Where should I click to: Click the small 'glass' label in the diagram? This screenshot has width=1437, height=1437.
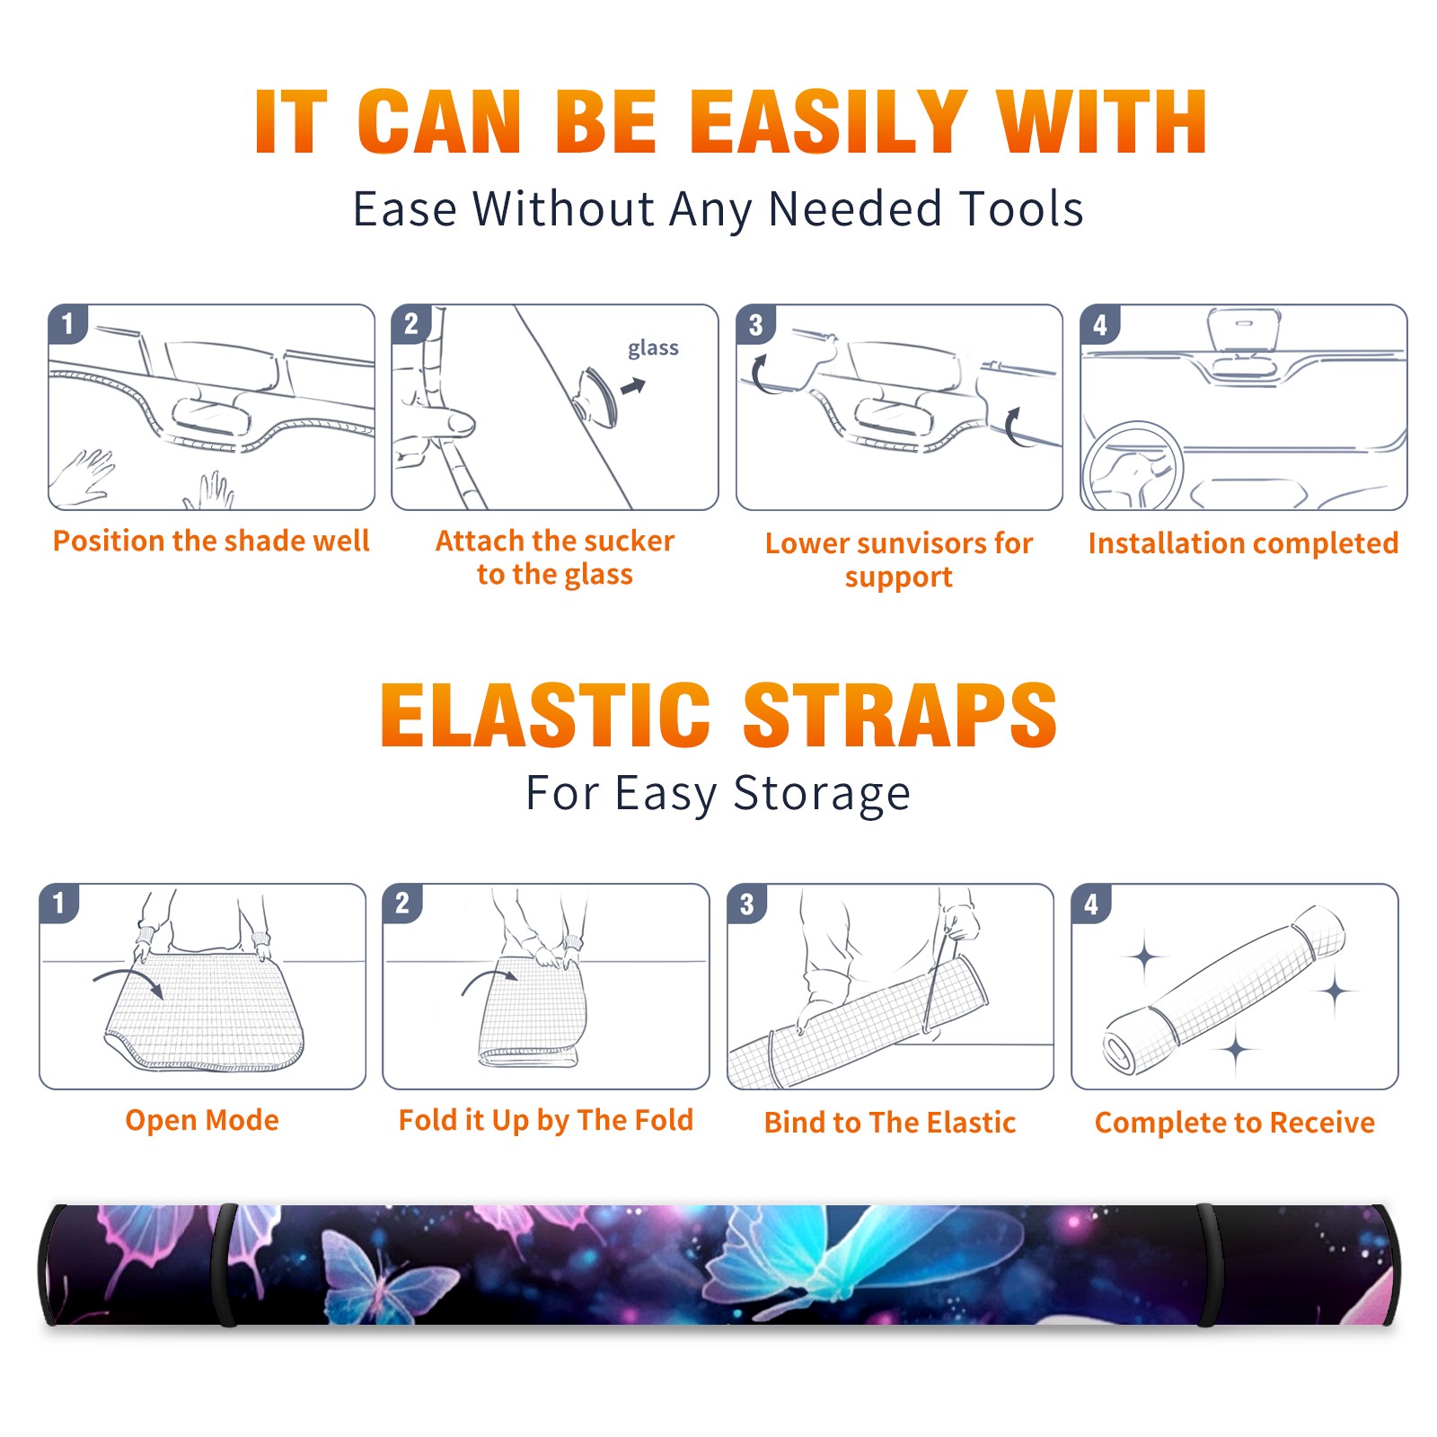click(653, 348)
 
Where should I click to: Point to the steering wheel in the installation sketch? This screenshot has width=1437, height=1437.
click(1133, 467)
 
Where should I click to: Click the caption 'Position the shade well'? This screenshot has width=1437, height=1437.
click(211, 541)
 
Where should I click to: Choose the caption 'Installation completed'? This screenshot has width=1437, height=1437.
click(1243, 543)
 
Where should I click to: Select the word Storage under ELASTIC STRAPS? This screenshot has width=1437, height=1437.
click(822, 795)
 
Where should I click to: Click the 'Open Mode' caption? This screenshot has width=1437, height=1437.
click(202, 1120)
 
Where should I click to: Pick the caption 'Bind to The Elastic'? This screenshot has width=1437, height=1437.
click(889, 1123)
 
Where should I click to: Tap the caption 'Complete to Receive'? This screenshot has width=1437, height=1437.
click(1234, 1123)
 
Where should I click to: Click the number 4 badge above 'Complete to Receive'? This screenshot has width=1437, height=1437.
click(1091, 904)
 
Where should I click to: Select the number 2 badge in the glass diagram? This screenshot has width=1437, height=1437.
click(411, 324)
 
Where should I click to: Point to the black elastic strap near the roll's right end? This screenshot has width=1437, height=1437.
click(1209, 1265)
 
